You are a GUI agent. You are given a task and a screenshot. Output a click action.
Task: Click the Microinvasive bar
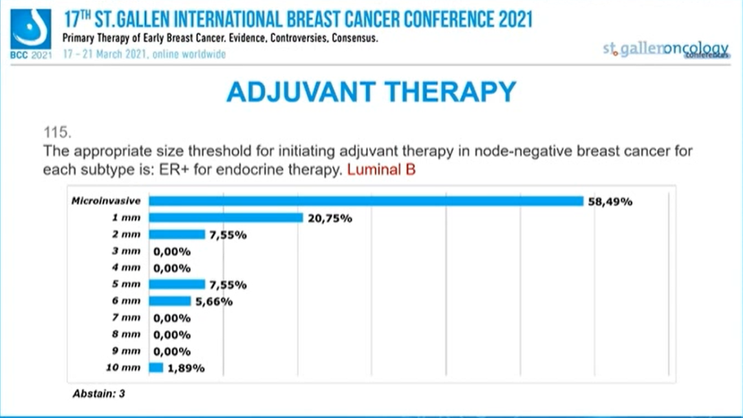(x=367, y=201)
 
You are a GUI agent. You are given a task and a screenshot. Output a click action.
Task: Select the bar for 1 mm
(x=226, y=218)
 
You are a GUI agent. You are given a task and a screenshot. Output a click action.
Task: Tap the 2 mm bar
(x=177, y=234)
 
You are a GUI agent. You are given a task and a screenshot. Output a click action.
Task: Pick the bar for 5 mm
(x=177, y=285)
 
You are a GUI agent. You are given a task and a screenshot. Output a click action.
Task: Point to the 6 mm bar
(x=170, y=301)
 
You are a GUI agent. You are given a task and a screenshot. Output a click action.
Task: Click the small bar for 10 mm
(x=156, y=368)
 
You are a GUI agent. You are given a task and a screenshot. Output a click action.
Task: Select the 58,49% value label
(x=610, y=201)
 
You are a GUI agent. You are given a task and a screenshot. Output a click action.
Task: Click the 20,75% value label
(x=330, y=219)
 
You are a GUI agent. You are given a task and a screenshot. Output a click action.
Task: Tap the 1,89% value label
(x=186, y=368)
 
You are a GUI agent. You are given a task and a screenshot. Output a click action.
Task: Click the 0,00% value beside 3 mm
(x=172, y=252)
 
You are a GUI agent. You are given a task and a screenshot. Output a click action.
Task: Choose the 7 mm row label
(x=127, y=318)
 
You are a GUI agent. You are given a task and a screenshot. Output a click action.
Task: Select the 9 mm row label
(x=127, y=351)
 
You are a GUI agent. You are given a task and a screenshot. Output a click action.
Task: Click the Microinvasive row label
(x=106, y=201)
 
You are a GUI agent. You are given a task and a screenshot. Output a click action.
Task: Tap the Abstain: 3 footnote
(x=98, y=394)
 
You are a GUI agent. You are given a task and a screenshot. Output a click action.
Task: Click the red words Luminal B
(x=381, y=169)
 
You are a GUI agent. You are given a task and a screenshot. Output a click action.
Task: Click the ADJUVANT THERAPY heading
(x=371, y=91)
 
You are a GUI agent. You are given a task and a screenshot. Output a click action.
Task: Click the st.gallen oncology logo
(x=665, y=49)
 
